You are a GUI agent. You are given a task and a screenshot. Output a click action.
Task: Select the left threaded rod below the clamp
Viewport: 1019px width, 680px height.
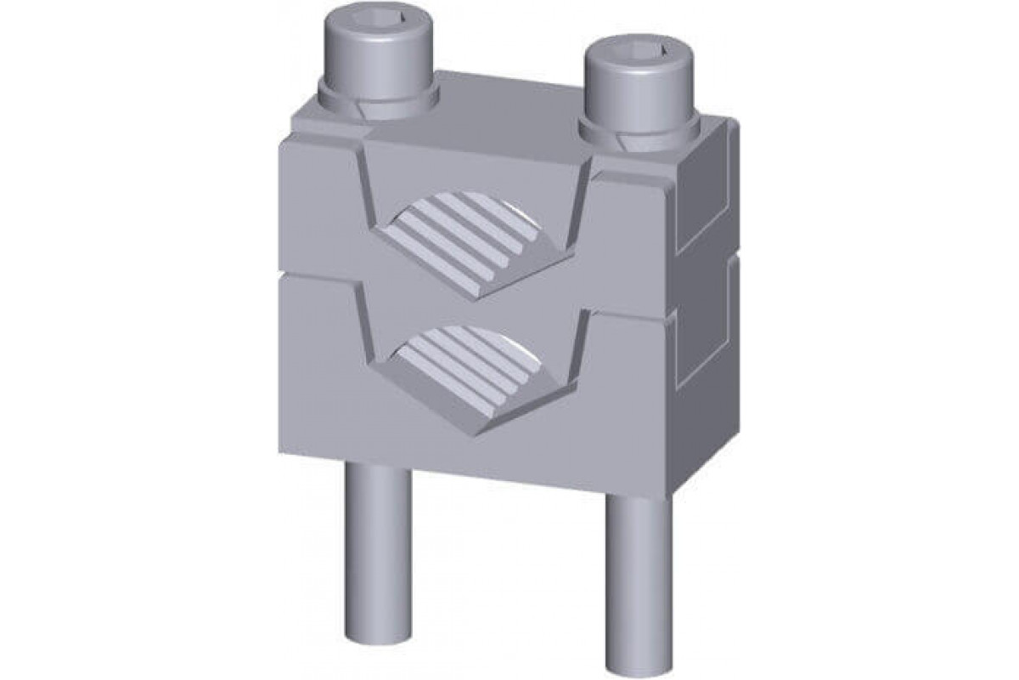click(x=377, y=552)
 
